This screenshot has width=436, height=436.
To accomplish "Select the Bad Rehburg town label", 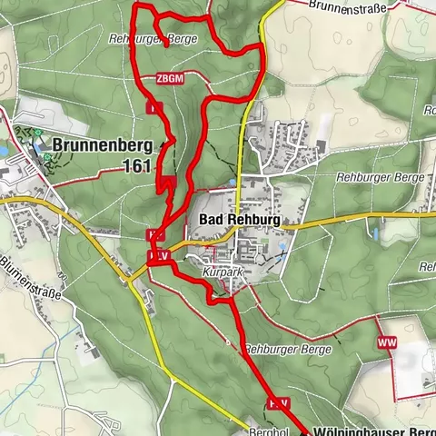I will click(x=235, y=221).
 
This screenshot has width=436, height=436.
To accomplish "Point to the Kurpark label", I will click(x=221, y=272).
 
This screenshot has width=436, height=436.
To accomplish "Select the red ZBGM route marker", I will click(x=170, y=79).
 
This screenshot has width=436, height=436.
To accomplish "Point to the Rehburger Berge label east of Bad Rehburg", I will click(x=379, y=177).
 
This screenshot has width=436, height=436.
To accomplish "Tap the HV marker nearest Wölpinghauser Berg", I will click(x=277, y=401).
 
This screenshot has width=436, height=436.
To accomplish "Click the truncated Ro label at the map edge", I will click(x=428, y=111).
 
